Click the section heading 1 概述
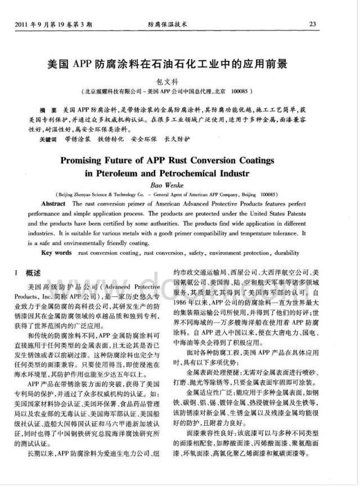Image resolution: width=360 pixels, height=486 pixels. coord(29,273)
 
